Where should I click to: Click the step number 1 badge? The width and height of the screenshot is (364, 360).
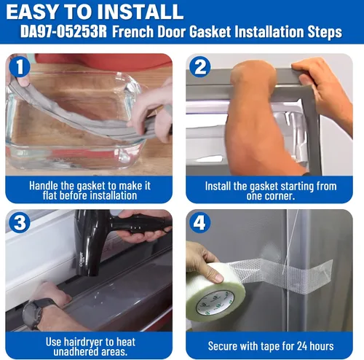pos(20,66)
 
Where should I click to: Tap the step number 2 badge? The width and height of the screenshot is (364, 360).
pos(200,66)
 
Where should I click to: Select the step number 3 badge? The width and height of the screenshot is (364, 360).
pos(20,222)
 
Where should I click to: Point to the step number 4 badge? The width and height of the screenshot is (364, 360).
pos(200,222)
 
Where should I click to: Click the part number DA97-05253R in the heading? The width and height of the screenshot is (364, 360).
pos(63,31)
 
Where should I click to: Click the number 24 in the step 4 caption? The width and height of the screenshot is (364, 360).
pos(302,346)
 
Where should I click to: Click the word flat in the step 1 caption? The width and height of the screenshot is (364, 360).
pos(50,195)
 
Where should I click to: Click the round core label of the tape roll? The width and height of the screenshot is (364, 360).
pos(215,304)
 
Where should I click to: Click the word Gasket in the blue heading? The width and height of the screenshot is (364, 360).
pos(210,32)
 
